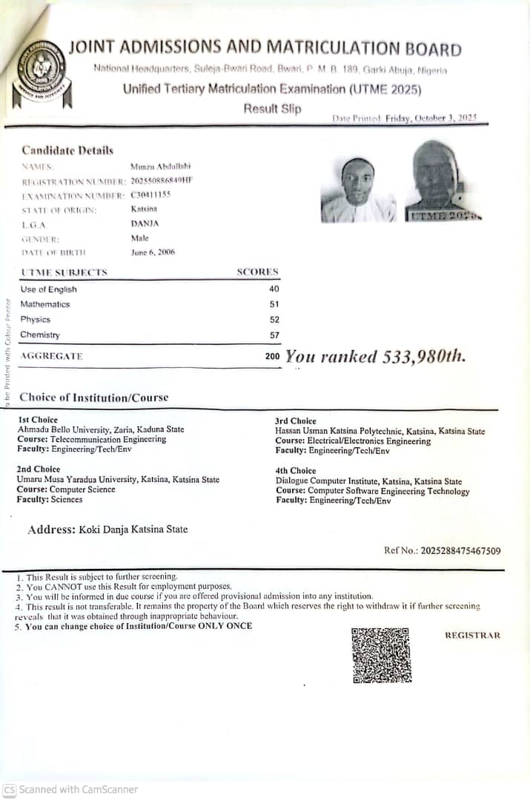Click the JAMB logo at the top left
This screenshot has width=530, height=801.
point(42,73)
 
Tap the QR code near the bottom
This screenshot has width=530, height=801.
point(380,655)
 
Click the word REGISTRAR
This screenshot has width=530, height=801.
point(472,636)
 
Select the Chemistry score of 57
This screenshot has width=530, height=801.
point(274,335)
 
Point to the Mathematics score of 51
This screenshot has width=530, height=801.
point(274,304)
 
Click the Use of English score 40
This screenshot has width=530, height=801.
point(274,289)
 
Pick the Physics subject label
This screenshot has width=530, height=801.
point(36,320)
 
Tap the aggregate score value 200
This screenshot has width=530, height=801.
point(272,356)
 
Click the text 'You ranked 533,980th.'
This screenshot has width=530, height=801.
point(376,357)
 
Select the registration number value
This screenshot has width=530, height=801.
point(162,180)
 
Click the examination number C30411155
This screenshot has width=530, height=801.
point(150,194)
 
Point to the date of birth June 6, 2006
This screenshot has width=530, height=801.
point(153,253)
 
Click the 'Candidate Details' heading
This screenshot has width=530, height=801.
point(67,151)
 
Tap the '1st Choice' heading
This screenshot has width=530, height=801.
point(37,420)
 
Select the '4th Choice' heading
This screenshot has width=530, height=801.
point(295,470)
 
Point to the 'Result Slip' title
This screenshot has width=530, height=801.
point(272,109)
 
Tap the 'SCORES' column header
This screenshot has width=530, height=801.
point(257,272)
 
